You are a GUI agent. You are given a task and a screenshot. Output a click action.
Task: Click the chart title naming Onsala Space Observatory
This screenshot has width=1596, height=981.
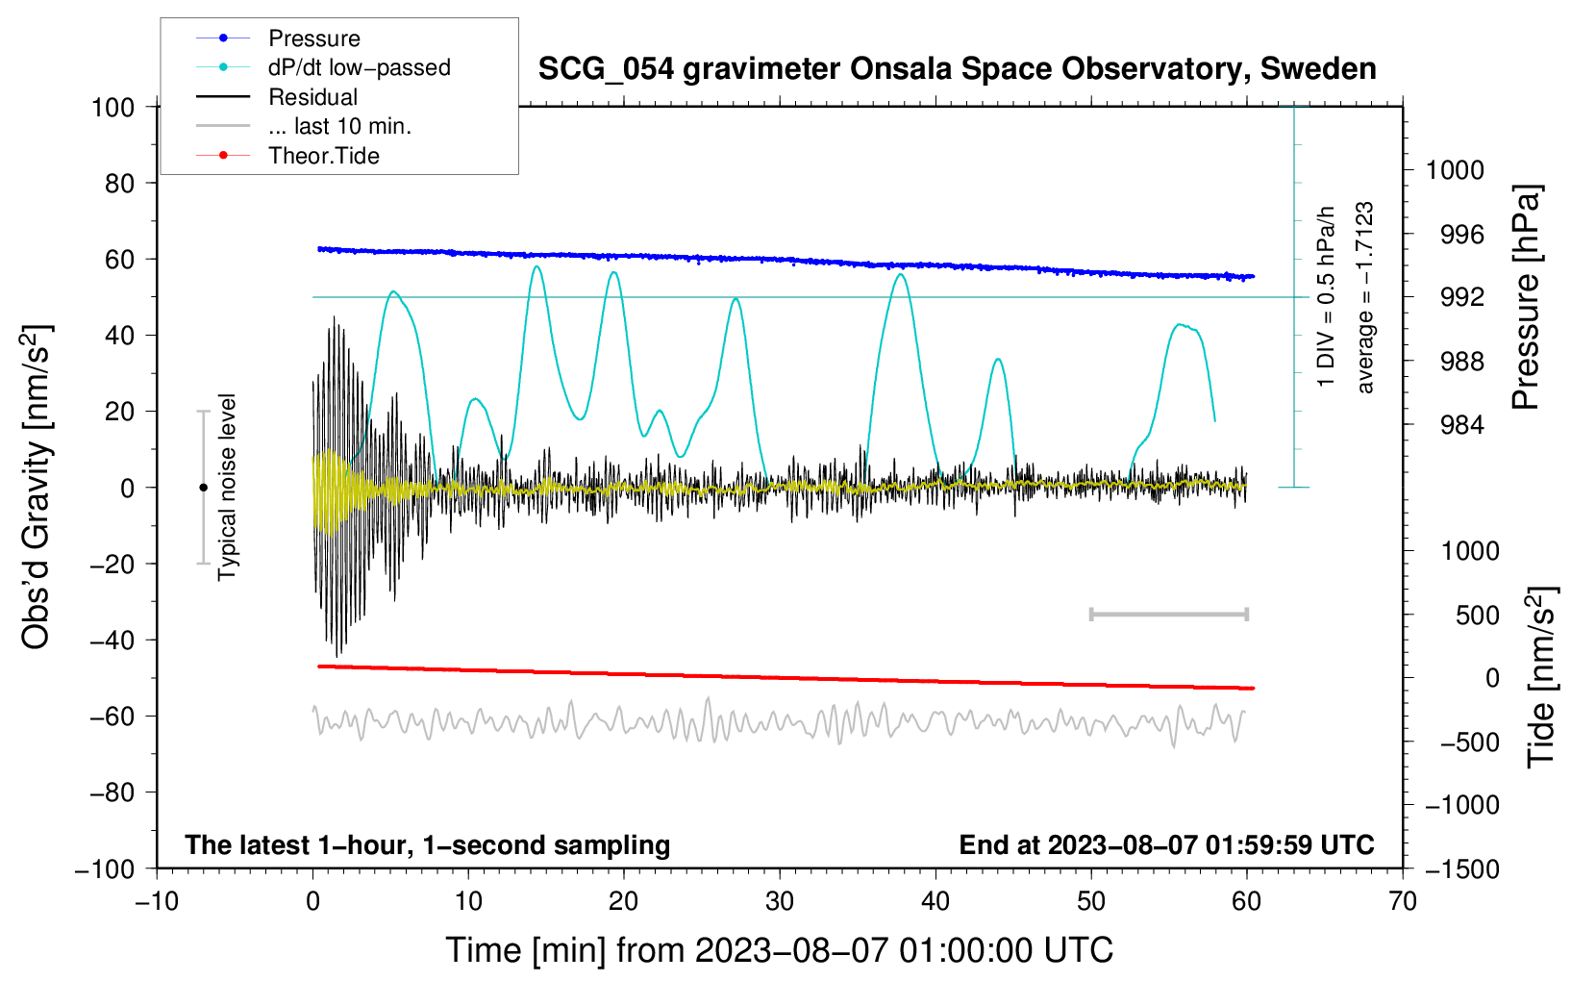[957, 69]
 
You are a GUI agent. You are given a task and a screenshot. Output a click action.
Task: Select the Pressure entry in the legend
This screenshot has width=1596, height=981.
[313, 38]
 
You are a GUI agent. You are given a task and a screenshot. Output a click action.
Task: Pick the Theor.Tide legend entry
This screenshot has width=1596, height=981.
[323, 156]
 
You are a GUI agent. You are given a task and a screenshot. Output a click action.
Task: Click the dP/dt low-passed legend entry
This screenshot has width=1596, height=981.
[359, 67]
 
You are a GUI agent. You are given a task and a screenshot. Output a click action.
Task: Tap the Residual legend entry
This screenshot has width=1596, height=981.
[312, 97]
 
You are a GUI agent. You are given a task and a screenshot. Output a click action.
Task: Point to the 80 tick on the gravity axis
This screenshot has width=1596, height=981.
[119, 183]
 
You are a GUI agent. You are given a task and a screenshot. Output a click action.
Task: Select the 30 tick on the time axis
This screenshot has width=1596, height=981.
[780, 901]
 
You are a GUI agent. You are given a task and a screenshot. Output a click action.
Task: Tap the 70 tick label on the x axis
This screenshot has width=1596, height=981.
[1403, 901]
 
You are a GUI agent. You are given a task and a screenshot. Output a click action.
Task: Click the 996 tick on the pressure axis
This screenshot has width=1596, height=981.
[1455, 234]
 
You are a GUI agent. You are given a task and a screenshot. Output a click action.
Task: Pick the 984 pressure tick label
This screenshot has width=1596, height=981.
[1455, 425]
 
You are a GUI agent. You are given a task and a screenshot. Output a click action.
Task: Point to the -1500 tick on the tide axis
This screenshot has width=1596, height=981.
[1461, 868]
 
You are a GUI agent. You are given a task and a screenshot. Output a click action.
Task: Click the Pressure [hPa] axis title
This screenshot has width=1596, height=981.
[1526, 297]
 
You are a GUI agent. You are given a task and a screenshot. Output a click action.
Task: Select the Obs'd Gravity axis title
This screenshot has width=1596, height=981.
[37, 488]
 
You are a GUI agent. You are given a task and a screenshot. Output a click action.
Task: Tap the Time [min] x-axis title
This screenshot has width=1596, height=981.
[779, 950]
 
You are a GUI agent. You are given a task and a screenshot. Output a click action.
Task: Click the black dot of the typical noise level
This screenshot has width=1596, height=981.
[203, 488]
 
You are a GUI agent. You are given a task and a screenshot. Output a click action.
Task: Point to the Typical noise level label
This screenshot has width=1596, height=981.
[227, 488]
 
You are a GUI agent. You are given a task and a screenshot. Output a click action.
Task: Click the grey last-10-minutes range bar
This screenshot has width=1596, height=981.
[1168, 614]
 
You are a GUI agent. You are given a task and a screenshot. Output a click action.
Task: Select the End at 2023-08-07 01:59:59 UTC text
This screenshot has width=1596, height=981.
[1166, 844]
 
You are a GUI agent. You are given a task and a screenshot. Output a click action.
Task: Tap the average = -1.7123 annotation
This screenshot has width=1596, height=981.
[1365, 297]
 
